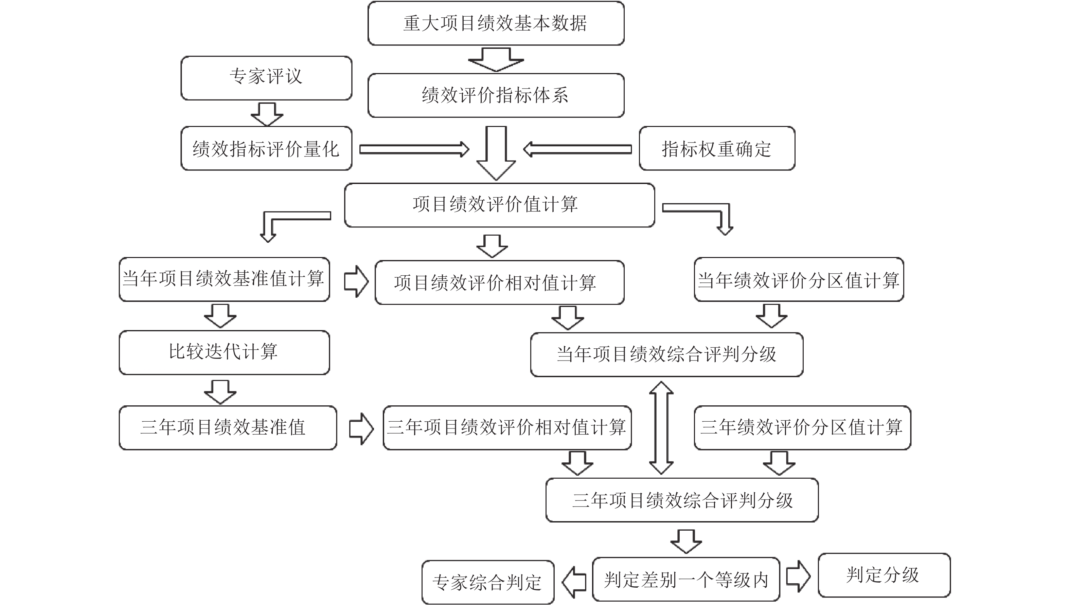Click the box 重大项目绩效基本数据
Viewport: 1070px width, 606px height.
click(x=496, y=23)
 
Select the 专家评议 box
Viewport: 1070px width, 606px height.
click(x=266, y=78)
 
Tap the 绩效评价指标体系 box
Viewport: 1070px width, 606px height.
click(x=496, y=95)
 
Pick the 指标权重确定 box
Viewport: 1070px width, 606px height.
click(x=716, y=149)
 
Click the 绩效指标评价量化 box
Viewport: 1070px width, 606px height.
click(x=266, y=149)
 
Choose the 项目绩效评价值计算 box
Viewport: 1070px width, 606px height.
click(x=499, y=205)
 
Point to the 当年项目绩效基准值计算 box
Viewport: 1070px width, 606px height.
click(x=224, y=279)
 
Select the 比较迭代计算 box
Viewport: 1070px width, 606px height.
click(x=224, y=352)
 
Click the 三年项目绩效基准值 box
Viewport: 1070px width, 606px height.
click(x=227, y=427)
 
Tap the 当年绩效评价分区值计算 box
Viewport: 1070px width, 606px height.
click(x=799, y=279)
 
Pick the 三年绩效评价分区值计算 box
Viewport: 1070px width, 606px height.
click(x=802, y=427)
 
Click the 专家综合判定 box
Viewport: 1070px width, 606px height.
click(x=487, y=582)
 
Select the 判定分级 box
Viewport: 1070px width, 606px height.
click(x=884, y=575)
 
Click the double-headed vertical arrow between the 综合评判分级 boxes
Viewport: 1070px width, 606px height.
click(x=661, y=427)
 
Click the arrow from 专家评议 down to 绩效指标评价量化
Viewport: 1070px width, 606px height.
click(x=266, y=114)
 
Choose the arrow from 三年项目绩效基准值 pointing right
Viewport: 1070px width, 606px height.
click(x=360, y=428)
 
